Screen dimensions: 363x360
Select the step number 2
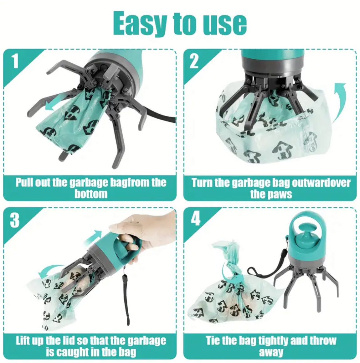tap(194, 61)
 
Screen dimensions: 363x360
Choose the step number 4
tap(195, 218)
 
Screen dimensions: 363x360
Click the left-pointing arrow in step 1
tap(52, 106)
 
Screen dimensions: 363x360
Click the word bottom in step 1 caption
tap(91, 194)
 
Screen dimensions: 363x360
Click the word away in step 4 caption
tap(271, 352)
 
